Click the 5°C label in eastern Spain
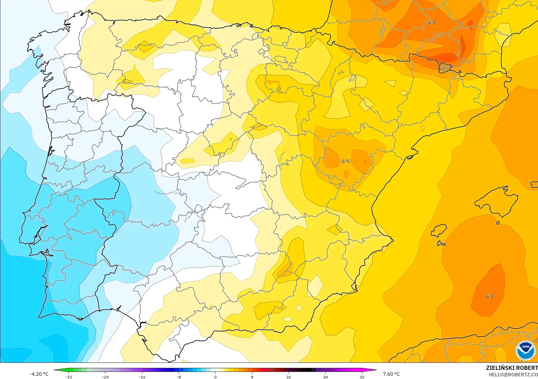[x=346, y=161]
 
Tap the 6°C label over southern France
[x=432, y=23]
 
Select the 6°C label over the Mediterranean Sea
[x=490, y=296]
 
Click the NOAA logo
[x=526, y=350]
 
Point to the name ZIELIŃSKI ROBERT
[x=512, y=368]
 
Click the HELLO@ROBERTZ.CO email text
[x=513, y=375]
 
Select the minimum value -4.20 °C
[x=39, y=374]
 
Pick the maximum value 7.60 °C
[x=391, y=374]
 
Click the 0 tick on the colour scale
[x=215, y=377]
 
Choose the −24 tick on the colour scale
[x=105, y=377]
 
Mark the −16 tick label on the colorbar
[x=142, y=377]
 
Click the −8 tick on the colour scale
[x=179, y=377]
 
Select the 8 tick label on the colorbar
[x=252, y=377]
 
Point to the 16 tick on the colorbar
[x=289, y=377]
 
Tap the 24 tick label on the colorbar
[x=325, y=377]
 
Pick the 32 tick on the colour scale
[x=362, y=377]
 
